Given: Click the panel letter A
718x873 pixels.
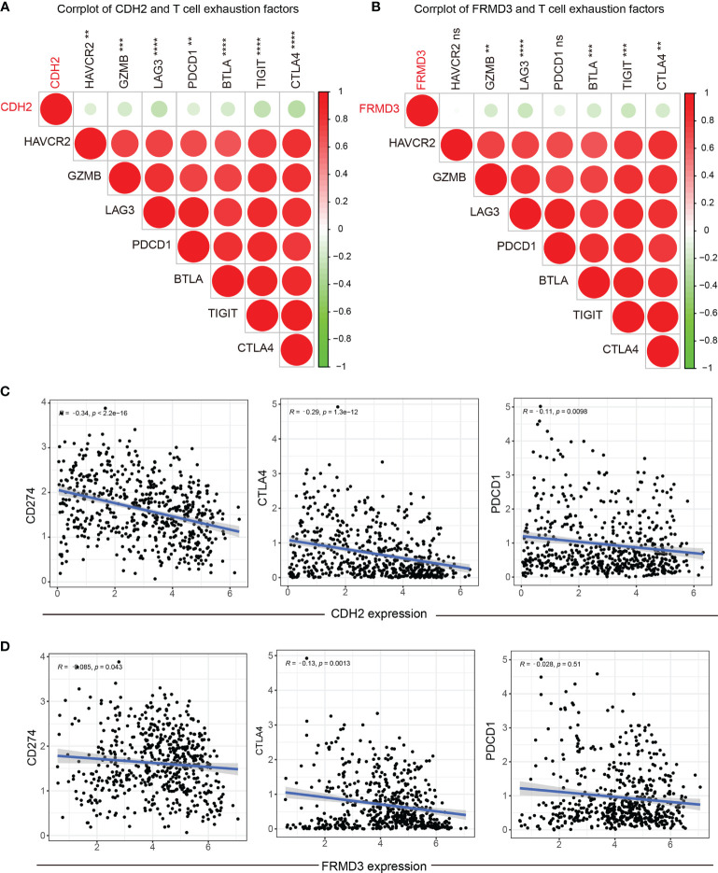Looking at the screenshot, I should click(7, 9).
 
